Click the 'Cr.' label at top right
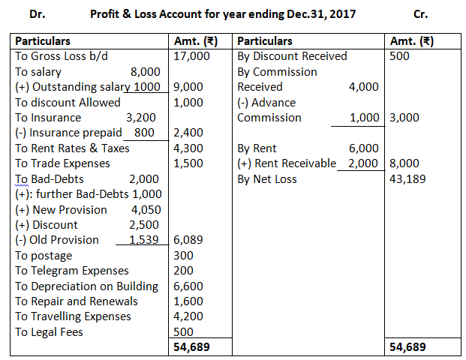point(421,14)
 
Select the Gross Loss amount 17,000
point(191,56)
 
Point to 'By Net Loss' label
point(267,178)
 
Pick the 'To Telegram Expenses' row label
point(72,270)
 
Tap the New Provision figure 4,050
point(146,209)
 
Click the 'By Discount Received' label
point(292,56)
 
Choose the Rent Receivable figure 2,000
point(363,163)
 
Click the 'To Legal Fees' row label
point(49,331)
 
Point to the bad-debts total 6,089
point(188,240)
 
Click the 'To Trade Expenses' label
point(61,163)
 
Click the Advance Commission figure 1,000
point(365,118)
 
